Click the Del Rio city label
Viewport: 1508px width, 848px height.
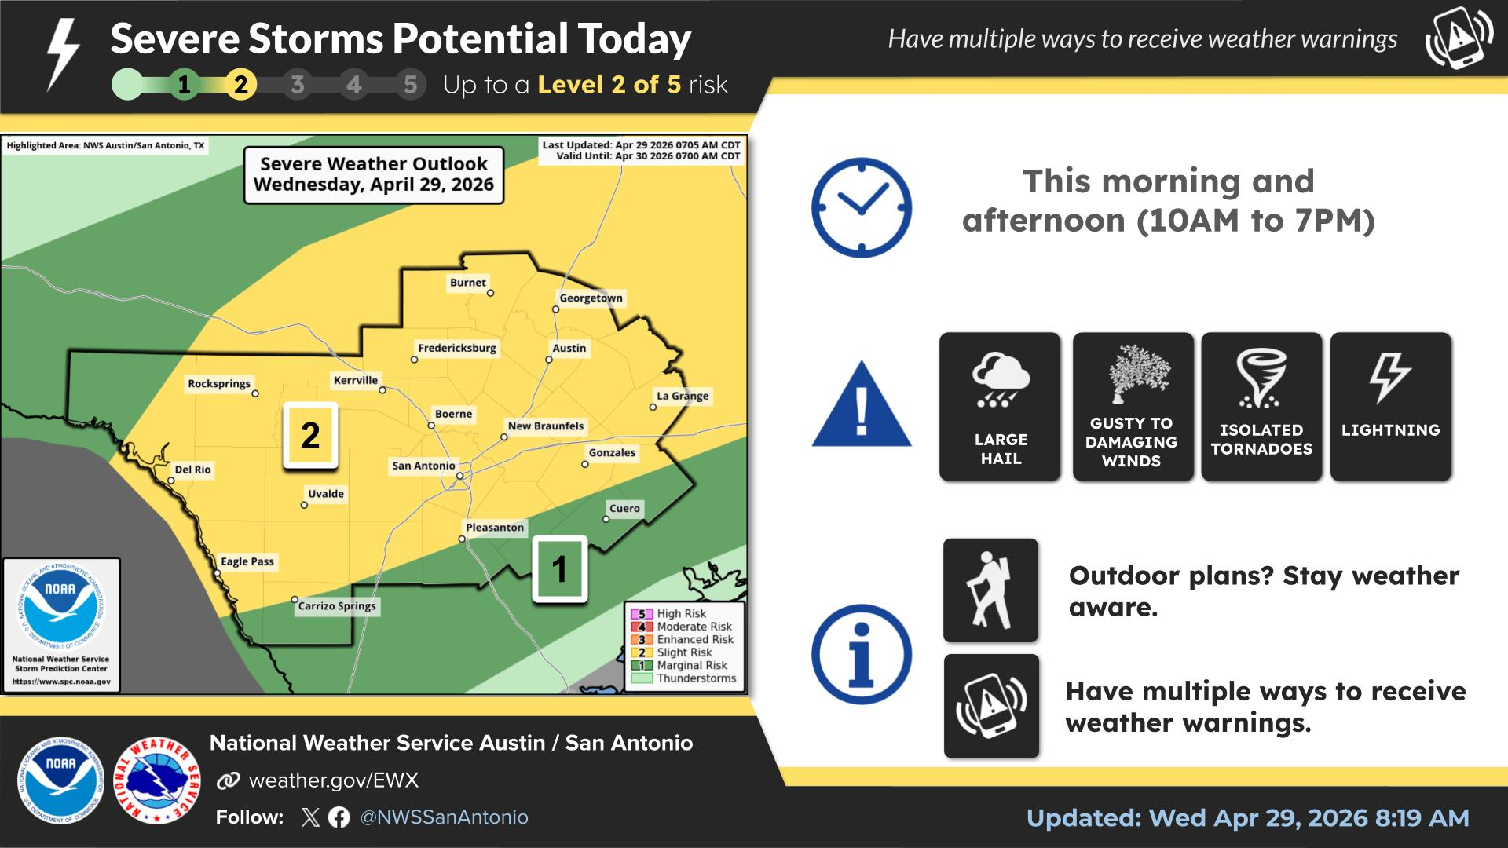192,470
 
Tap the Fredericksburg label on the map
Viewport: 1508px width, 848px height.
457,348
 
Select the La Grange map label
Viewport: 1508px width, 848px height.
683,396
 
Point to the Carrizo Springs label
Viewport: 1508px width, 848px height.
337,606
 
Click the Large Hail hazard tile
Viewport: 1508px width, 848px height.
1000,407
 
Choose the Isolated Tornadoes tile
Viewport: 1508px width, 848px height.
1261,407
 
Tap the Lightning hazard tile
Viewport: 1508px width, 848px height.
1390,407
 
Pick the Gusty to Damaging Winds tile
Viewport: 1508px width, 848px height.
1133,407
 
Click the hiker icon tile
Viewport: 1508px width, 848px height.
990,590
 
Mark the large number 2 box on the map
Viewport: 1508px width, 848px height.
310,436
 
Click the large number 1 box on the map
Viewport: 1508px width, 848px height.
559,569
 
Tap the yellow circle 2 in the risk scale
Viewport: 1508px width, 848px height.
240,85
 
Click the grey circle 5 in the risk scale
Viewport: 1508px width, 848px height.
410,85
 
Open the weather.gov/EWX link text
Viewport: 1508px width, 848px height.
334,780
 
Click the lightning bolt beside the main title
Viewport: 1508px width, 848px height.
63,53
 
